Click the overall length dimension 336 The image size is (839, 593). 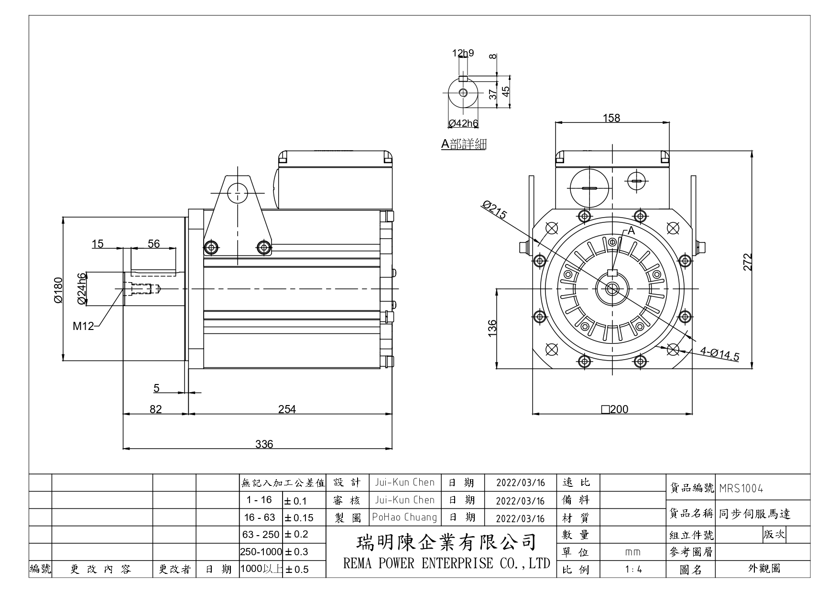pyautogui.click(x=264, y=444)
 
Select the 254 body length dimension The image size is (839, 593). pyautogui.click(x=287, y=409)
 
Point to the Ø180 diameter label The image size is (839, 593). pyautogui.click(x=58, y=290)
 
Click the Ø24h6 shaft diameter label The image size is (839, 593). pyautogui.click(x=82, y=288)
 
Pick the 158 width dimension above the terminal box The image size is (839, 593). pyautogui.click(x=611, y=118)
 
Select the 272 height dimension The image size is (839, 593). pyautogui.click(x=748, y=262)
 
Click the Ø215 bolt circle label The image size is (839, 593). pyautogui.click(x=494, y=209)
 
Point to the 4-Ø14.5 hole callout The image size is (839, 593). pyautogui.click(x=719, y=354)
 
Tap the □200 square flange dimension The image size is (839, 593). pyautogui.click(x=615, y=409)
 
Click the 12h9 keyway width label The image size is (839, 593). pyautogui.click(x=463, y=53)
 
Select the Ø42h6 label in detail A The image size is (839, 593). pyautogui.click(x=463, y=123)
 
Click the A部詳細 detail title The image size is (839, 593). pyautogui.click(x=463, y=144)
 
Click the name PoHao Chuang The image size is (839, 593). pyautogui.click(x=404, y=517)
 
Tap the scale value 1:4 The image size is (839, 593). pyautogui.click(x=633, y=570)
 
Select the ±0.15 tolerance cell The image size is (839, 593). pyautogui.click(x=299, y=518)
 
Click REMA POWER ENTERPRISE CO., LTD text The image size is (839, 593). pyautogui.click(x=447, y=563)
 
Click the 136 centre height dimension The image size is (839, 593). pyautogui.click(x=492, y=328)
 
